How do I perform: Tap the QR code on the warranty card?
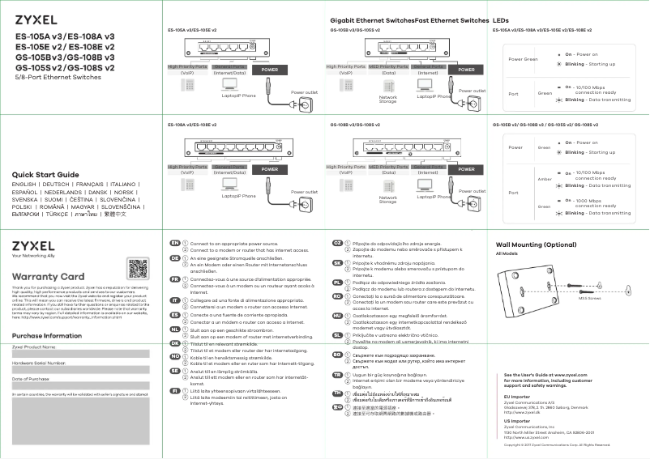[x=139, y=270]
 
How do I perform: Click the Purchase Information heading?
[x=46, y=335]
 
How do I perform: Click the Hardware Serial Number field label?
[x=38, y=363]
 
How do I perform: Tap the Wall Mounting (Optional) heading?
[x=536, y=244]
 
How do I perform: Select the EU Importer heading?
[x=516, y=396]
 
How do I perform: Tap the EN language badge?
[x=174, y=243]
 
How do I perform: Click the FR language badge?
[x=174, y=278]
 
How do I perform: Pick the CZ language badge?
[x=337, y=243]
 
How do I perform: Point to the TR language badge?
[x=337, y=376]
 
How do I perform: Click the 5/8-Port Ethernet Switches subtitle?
[x=48, y=77]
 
